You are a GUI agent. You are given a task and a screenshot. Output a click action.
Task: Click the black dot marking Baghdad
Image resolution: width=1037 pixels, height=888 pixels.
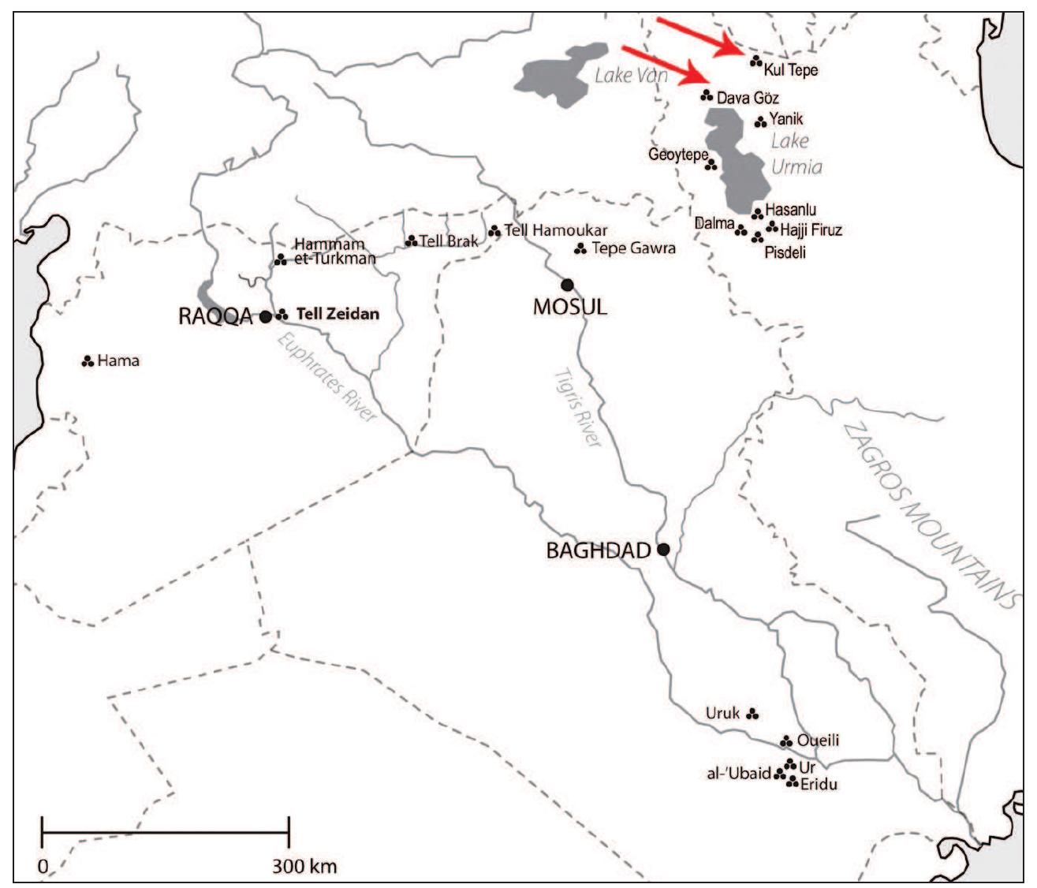click(x=663, y=549)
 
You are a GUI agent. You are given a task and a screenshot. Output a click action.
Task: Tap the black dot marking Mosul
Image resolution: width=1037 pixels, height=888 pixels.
click(x=566, y=285)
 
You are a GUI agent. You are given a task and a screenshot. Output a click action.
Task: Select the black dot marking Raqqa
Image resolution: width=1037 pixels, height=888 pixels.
click(x=266, y=316)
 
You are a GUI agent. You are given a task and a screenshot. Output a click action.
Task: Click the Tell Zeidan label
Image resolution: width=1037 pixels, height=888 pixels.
click(x=338, y=314)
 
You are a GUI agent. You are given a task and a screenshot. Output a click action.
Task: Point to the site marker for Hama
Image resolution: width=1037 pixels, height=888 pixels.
click(x=88, y=361)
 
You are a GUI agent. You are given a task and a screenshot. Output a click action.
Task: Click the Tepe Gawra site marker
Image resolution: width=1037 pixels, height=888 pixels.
click(x=580, y=249)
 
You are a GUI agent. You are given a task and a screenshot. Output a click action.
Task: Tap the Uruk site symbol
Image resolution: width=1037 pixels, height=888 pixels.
click(x=752, y=714)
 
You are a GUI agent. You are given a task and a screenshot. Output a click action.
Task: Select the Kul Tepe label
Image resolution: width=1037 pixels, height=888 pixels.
click(x=791, y=70)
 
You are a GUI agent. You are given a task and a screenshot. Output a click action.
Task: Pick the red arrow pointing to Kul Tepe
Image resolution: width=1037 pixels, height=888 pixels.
click(x=698, y=37)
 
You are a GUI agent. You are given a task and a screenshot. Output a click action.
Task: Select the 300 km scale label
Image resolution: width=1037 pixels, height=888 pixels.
click(x=304, y=867)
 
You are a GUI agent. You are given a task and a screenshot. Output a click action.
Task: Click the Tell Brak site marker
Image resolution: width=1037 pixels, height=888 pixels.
click(x=411, y=241)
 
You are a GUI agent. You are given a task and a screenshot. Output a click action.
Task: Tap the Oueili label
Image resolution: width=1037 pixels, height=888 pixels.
click(x=818, y=741)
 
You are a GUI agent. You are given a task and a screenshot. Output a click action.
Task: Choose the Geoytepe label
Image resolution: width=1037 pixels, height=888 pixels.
click(x=677, y=155)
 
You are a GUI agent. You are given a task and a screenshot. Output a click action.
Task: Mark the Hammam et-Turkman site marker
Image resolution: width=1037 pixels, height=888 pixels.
click(x=279, y=259)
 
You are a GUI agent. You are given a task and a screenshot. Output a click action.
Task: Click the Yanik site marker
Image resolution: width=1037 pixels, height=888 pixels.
click(x=760, y=121)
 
